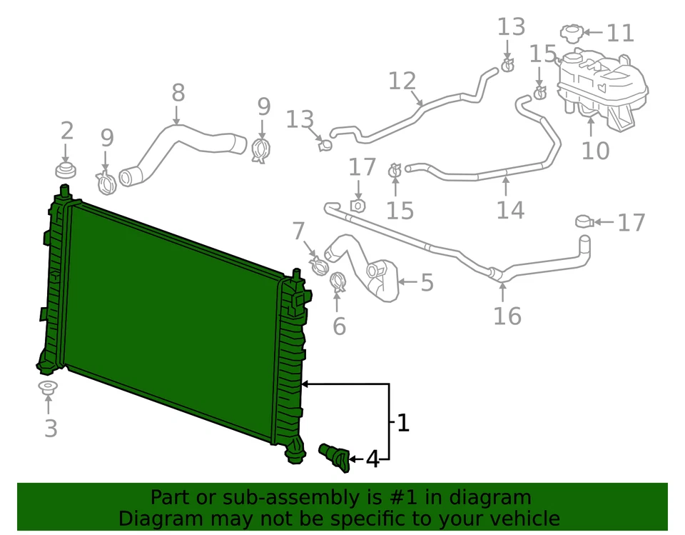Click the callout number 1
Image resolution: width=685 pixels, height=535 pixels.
pos(403,423)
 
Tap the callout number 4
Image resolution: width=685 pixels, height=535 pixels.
pos(372,459)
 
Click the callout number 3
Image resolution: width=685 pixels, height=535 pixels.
pos(50,429)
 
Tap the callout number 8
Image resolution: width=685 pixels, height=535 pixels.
pos(178,93)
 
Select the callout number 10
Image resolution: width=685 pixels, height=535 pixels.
pos(595,151)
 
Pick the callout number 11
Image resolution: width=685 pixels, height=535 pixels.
pos(619,34)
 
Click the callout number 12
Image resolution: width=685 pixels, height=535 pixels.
pos(402,81)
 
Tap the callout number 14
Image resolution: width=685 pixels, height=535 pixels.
pos(510,210)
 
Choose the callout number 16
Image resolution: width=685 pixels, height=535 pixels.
pos(507,315)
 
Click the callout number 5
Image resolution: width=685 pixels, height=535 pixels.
pos(427,283)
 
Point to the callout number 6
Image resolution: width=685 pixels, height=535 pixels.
pos(339,326)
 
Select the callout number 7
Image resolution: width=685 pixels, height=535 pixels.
pos(298,231)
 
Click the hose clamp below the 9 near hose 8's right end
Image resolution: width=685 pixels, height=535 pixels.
pos(261,149)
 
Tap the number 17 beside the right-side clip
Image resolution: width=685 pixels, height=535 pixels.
pos(631,223)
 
